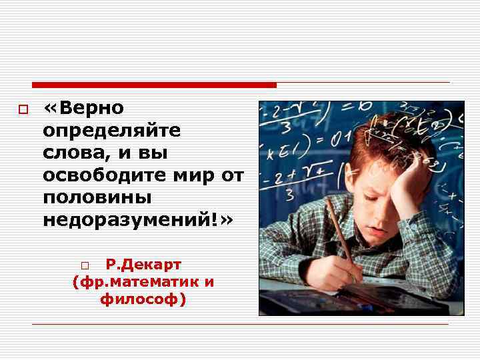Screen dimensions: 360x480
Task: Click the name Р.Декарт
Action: [143, 265]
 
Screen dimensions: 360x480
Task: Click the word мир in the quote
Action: [197, 175]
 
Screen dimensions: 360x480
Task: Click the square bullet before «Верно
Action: [22, 109]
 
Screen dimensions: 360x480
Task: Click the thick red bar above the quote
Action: [154, 85]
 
